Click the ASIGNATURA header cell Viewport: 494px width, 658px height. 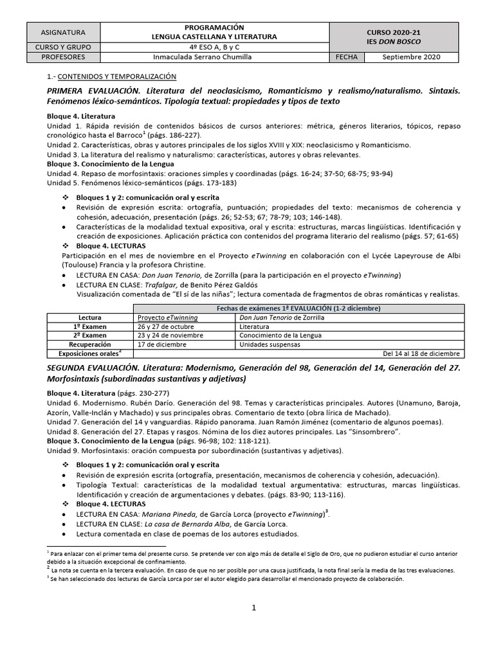click(62, 32)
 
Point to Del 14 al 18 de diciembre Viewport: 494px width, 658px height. click(421, 353)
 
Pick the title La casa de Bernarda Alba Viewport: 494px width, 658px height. click(183, 524)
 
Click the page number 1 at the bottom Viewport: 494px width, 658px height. click(254, 609)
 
